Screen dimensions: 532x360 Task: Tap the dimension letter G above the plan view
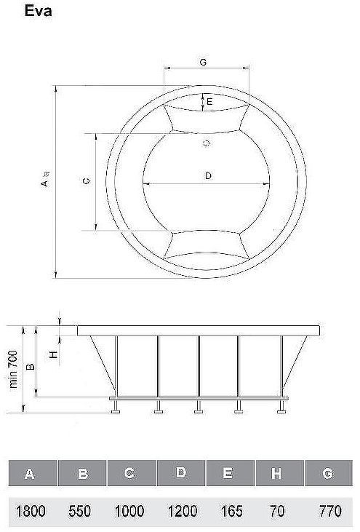(x=204, y=63)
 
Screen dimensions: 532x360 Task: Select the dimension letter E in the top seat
(x=209, y=102)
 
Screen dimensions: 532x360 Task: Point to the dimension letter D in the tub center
(x=208, y=175)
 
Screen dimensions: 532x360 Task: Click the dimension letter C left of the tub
(x=86, y=182)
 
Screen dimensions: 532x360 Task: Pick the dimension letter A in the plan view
(x=44, y=183)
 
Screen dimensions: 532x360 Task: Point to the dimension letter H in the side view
(x=52, y=354)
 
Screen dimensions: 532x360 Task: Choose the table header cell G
(x=328, y=474)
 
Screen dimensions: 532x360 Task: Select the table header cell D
(x=180, y=474)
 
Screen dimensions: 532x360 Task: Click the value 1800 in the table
(x=31, y=512)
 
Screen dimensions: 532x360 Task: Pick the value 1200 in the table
(x=180, y=512)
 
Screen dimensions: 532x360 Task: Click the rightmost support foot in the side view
(x=281, y=411)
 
